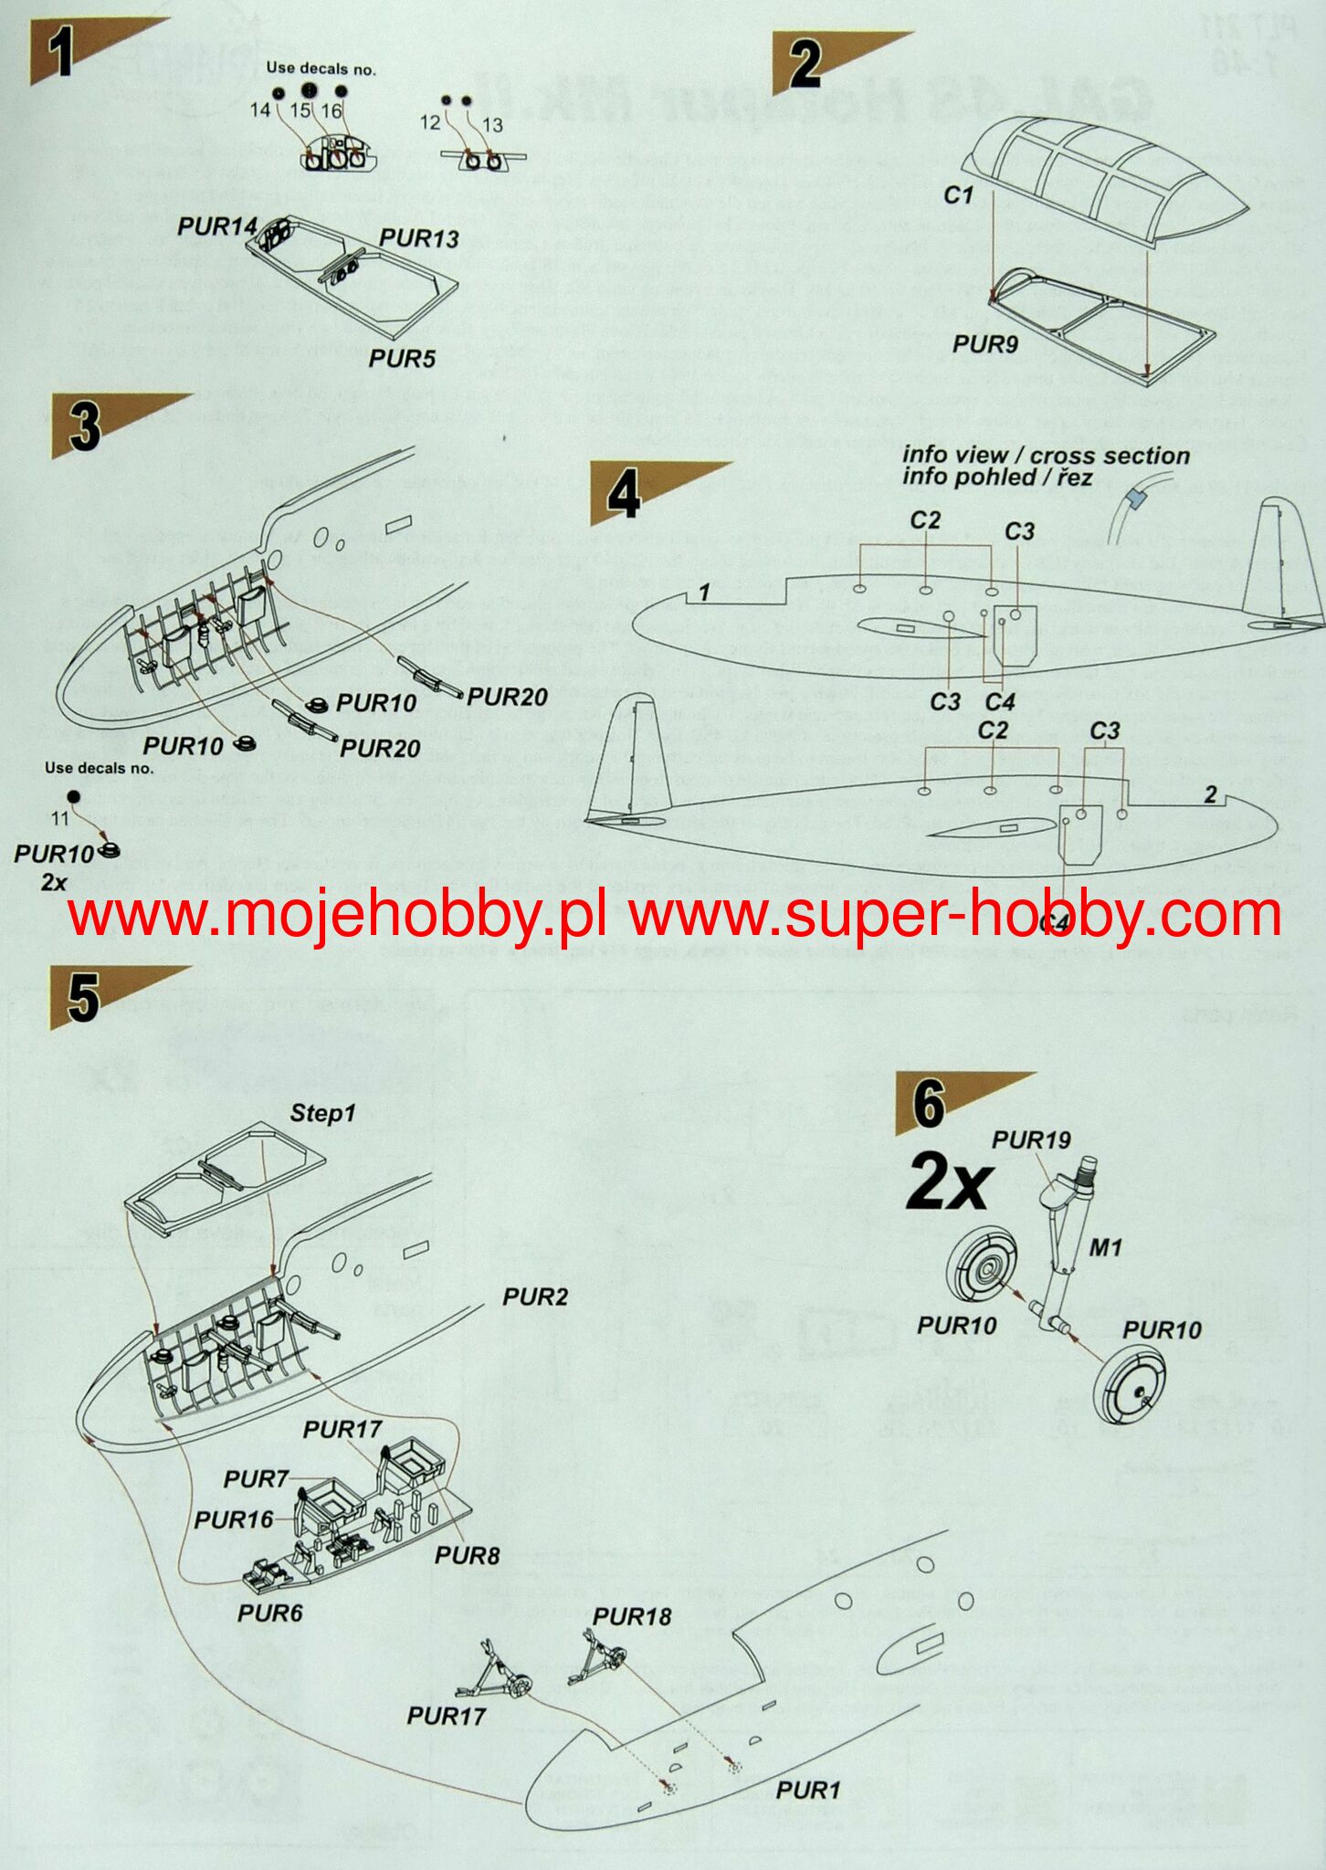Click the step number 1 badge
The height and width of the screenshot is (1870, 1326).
(x=60, y=52)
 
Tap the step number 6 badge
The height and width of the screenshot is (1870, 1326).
(x=928, y=1103)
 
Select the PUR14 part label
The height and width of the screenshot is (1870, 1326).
(x=216, y=226)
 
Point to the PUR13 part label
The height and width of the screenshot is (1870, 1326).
(x=418, y=237)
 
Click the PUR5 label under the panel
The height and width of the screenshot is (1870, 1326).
(x=402, y=358)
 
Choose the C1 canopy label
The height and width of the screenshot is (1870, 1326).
(x=959, y=194)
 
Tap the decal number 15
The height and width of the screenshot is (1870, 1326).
(x=300, y=110)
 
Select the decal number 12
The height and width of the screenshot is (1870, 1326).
(x=430, y=122)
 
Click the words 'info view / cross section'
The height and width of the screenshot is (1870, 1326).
(x=1046, y=455)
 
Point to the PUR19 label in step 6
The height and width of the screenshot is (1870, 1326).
(x=1031, y=1140)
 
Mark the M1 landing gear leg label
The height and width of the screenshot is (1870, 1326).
(x=1105, y=1246)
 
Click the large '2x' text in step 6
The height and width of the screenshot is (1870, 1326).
(x=948, y=1185)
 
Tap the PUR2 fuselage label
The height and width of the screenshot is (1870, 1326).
(x=535, y=1297)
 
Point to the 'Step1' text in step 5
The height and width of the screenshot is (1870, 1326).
(x=322, y=1113)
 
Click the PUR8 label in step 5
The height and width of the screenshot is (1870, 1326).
(x=467, y=1555)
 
